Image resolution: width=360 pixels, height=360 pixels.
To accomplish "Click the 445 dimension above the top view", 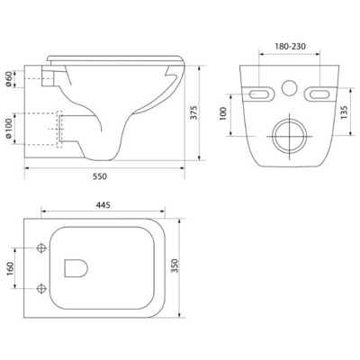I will tap(104, 205).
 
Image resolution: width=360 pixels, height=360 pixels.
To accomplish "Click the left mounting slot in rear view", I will tap(262, 93).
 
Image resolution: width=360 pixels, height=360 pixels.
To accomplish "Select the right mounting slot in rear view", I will tap(319, 93).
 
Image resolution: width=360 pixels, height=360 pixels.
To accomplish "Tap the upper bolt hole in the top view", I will tap(42, 247).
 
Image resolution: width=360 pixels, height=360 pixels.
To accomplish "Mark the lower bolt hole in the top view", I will tap(42, 289).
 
